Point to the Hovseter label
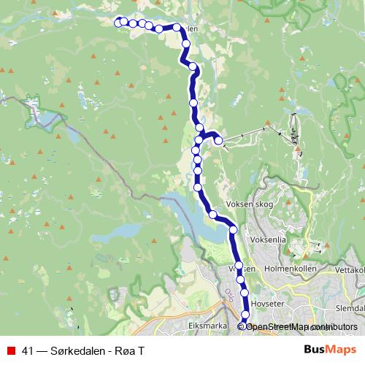pos(265,299)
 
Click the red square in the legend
pos(11,350)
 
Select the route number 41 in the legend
pos(29,350)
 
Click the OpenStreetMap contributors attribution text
pos(301,326)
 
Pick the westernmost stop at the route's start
pos(120,21)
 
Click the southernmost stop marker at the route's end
pos(245,326)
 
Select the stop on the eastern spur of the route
pos(218,141)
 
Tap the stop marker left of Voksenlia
pos(234,230)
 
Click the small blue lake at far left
pos(44,118)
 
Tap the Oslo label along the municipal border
pos(231,296)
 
